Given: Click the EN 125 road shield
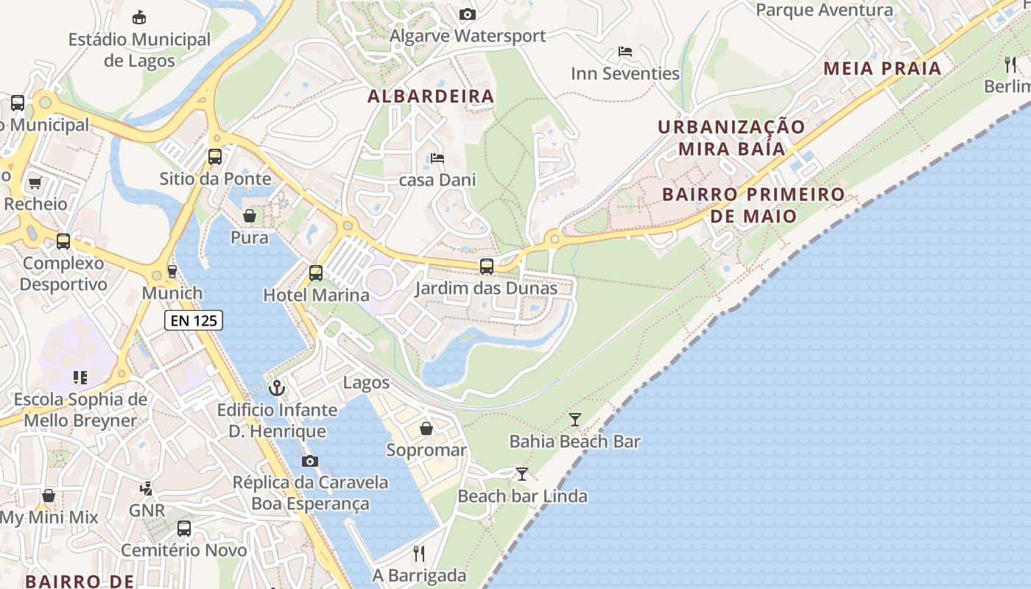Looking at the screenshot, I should (x=193, y=320).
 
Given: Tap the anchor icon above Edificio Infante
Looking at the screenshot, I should (x=277, y=387).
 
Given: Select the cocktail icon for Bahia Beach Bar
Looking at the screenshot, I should (x=575, y=420).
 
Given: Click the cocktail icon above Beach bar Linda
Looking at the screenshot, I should (x=522, y=473).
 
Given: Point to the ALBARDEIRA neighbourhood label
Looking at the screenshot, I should (x=431, y=96).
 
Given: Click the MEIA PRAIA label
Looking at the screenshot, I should (x=882, y=68).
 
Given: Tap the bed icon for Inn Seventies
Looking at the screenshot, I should (x=625, y=52).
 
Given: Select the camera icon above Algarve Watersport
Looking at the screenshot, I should (x=467, y=14).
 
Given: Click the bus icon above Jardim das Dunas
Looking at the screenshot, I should (x=487, y=267).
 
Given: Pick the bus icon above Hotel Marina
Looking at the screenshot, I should (x=316, y=273).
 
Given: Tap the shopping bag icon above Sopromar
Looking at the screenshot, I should (x=426, y=428).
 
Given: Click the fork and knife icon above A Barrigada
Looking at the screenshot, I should (x=419, y=553).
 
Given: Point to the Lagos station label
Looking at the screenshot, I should (x=366, y=382).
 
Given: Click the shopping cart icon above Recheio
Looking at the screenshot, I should (x=35, y=182).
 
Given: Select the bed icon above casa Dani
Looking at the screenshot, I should (x=437, y=158).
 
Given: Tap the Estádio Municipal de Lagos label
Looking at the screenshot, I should (x=139, y=49).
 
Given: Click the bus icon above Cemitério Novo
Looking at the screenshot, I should (x=184, y=528).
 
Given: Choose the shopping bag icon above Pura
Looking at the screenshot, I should (x=250, y=216).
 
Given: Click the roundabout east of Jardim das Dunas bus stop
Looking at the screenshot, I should (x=554, y=239).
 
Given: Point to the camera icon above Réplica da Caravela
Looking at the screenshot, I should (x=310, y=461).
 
